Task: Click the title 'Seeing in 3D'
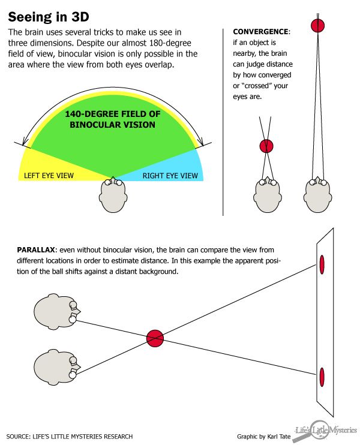tap(48, 14)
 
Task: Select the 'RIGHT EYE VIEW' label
tap(170, 176)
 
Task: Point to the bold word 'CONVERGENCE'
tap(260, 31)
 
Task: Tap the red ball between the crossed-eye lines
tap(266, 146)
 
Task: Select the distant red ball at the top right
tap(317, 25)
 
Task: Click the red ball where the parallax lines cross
tap(155, 338)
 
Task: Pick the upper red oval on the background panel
tap(322, 263)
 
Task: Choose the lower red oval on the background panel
tap(322, 377)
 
